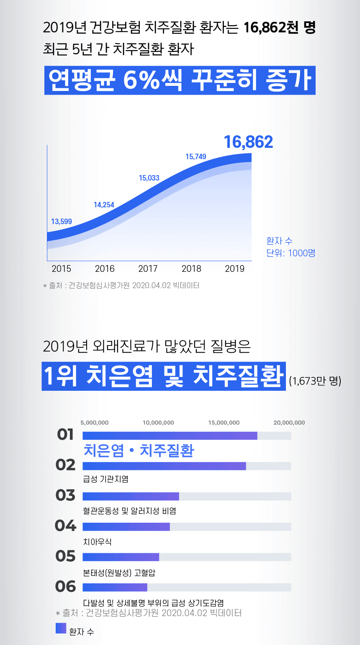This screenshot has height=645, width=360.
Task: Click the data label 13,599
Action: point(62,222)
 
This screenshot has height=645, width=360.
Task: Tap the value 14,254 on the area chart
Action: point(104,205)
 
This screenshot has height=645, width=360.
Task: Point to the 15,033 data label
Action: point(149,178)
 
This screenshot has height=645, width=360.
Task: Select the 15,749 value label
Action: point(195,157)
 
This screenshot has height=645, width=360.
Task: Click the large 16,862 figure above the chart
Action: point(248,142)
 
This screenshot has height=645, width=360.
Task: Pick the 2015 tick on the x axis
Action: point(61,269)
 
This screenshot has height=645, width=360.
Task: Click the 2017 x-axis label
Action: point(148,269)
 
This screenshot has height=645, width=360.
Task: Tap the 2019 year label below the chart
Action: point(234,269)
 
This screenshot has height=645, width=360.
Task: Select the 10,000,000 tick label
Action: point(158,423)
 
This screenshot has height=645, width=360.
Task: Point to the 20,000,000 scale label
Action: point(289,423)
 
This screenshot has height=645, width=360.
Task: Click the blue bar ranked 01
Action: point(170,436)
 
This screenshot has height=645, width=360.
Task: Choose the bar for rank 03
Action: point(131,496)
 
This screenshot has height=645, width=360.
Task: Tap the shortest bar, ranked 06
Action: point(115,587)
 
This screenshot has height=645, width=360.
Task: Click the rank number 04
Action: point(65,526)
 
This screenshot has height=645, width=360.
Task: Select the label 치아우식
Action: point(98,542)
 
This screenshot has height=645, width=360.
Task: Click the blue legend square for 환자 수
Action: point(61,628)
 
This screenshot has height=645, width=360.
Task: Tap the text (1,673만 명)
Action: point(315,381)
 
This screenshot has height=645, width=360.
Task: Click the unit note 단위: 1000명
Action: point(291,253)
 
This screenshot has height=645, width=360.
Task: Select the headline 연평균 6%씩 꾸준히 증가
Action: point(180,80)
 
